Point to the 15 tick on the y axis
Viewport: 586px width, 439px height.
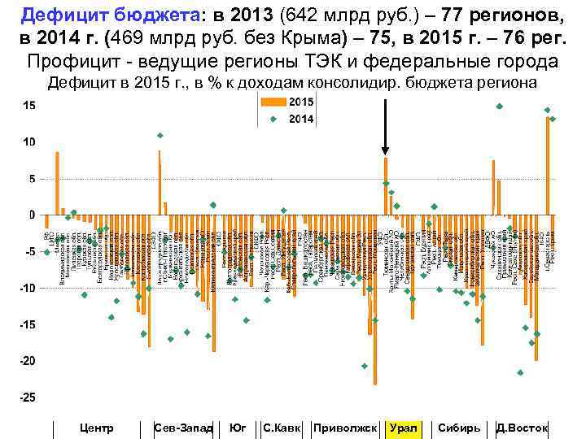(28, 106)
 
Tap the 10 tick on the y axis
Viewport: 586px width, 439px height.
(28, 142)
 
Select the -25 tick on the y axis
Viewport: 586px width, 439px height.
(28, 398)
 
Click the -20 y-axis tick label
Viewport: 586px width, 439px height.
(28, 361)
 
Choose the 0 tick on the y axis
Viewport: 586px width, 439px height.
(32, 215)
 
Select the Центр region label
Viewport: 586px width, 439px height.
(98, 428)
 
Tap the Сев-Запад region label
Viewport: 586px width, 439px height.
(183, 428)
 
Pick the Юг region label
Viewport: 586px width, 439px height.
(238, 428)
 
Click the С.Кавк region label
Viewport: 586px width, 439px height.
(282, 428)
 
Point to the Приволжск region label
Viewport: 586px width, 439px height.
(345, 428)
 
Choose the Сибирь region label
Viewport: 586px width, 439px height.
(458, 428)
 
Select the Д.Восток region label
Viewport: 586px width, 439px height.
(522, 428)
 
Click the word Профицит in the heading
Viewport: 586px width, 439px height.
(72, 62)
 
